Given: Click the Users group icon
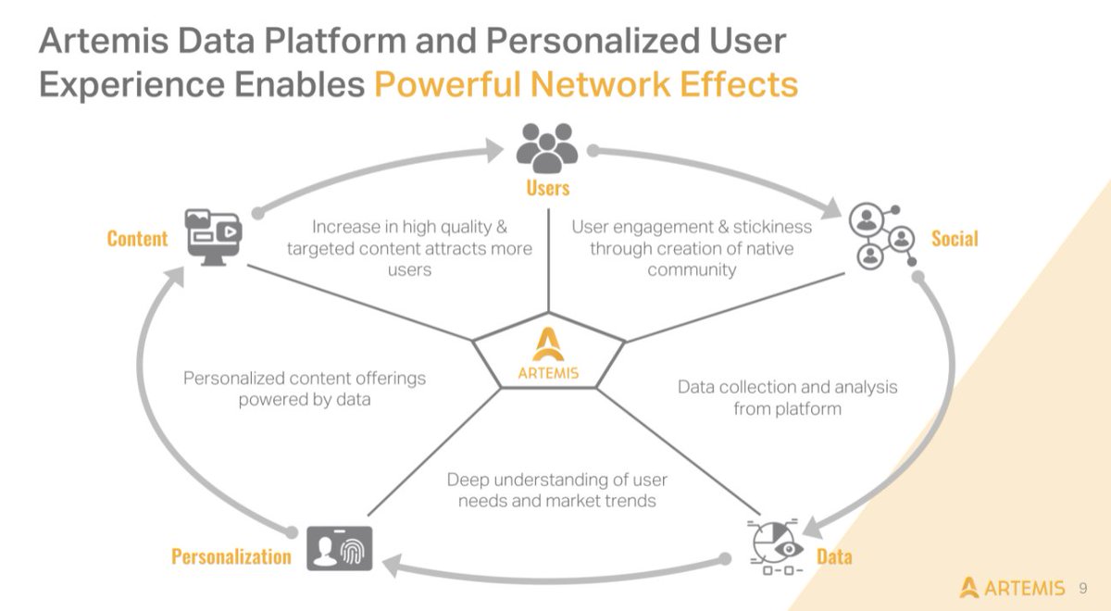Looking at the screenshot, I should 547,148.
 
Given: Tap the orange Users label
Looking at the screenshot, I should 547,188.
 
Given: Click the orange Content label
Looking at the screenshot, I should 138,239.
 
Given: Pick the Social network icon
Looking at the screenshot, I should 882,235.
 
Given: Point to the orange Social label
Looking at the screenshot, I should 955,239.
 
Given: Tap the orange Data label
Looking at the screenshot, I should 834,556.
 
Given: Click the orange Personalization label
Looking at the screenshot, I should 231,556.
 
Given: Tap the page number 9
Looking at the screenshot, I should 1083,588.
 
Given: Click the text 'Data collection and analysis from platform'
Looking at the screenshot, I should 787,397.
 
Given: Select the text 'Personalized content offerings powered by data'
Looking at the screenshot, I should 305,389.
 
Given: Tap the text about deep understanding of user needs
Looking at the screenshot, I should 556,490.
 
